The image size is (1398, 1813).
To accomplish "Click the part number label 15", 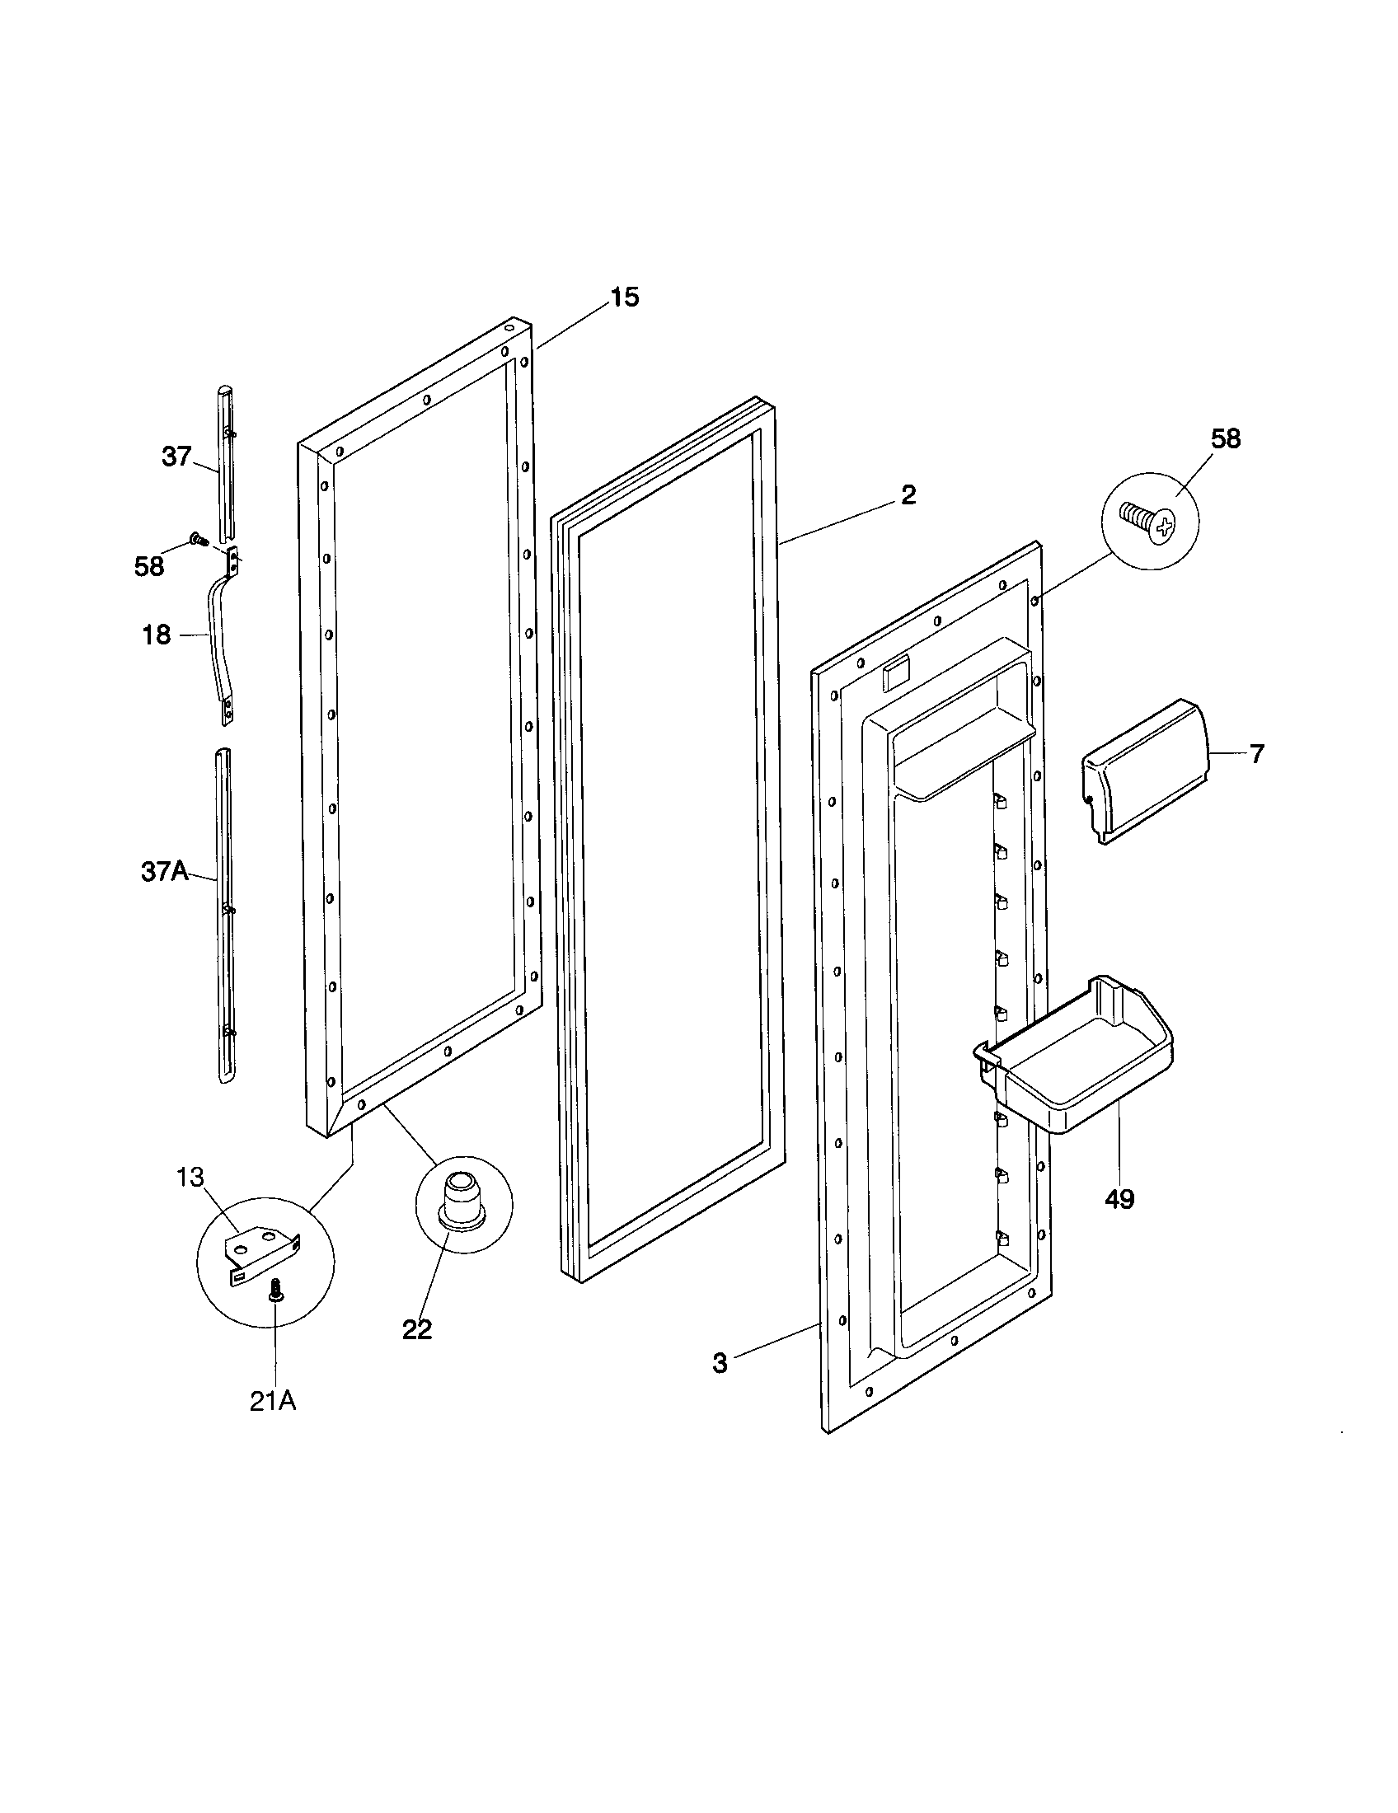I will pos(625,297).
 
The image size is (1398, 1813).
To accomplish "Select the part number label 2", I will pos(908,494).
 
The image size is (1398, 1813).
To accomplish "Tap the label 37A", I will pos(164,873).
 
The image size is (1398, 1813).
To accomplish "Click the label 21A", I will pos(273,1401).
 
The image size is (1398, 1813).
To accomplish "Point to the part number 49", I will pos(1119,1199).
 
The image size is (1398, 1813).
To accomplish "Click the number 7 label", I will pos(1257,754).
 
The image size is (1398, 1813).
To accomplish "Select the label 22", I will pos(417,1330).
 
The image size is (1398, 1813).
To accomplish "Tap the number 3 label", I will pos(720,1363).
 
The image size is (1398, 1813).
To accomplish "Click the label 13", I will pos(190,1177).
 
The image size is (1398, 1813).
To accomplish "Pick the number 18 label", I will pos(157,635).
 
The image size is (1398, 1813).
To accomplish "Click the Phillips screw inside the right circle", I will pos(1149,522).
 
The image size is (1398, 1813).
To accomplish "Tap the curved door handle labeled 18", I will pos(218,635).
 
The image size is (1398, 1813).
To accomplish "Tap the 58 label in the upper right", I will pos(1226,439).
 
